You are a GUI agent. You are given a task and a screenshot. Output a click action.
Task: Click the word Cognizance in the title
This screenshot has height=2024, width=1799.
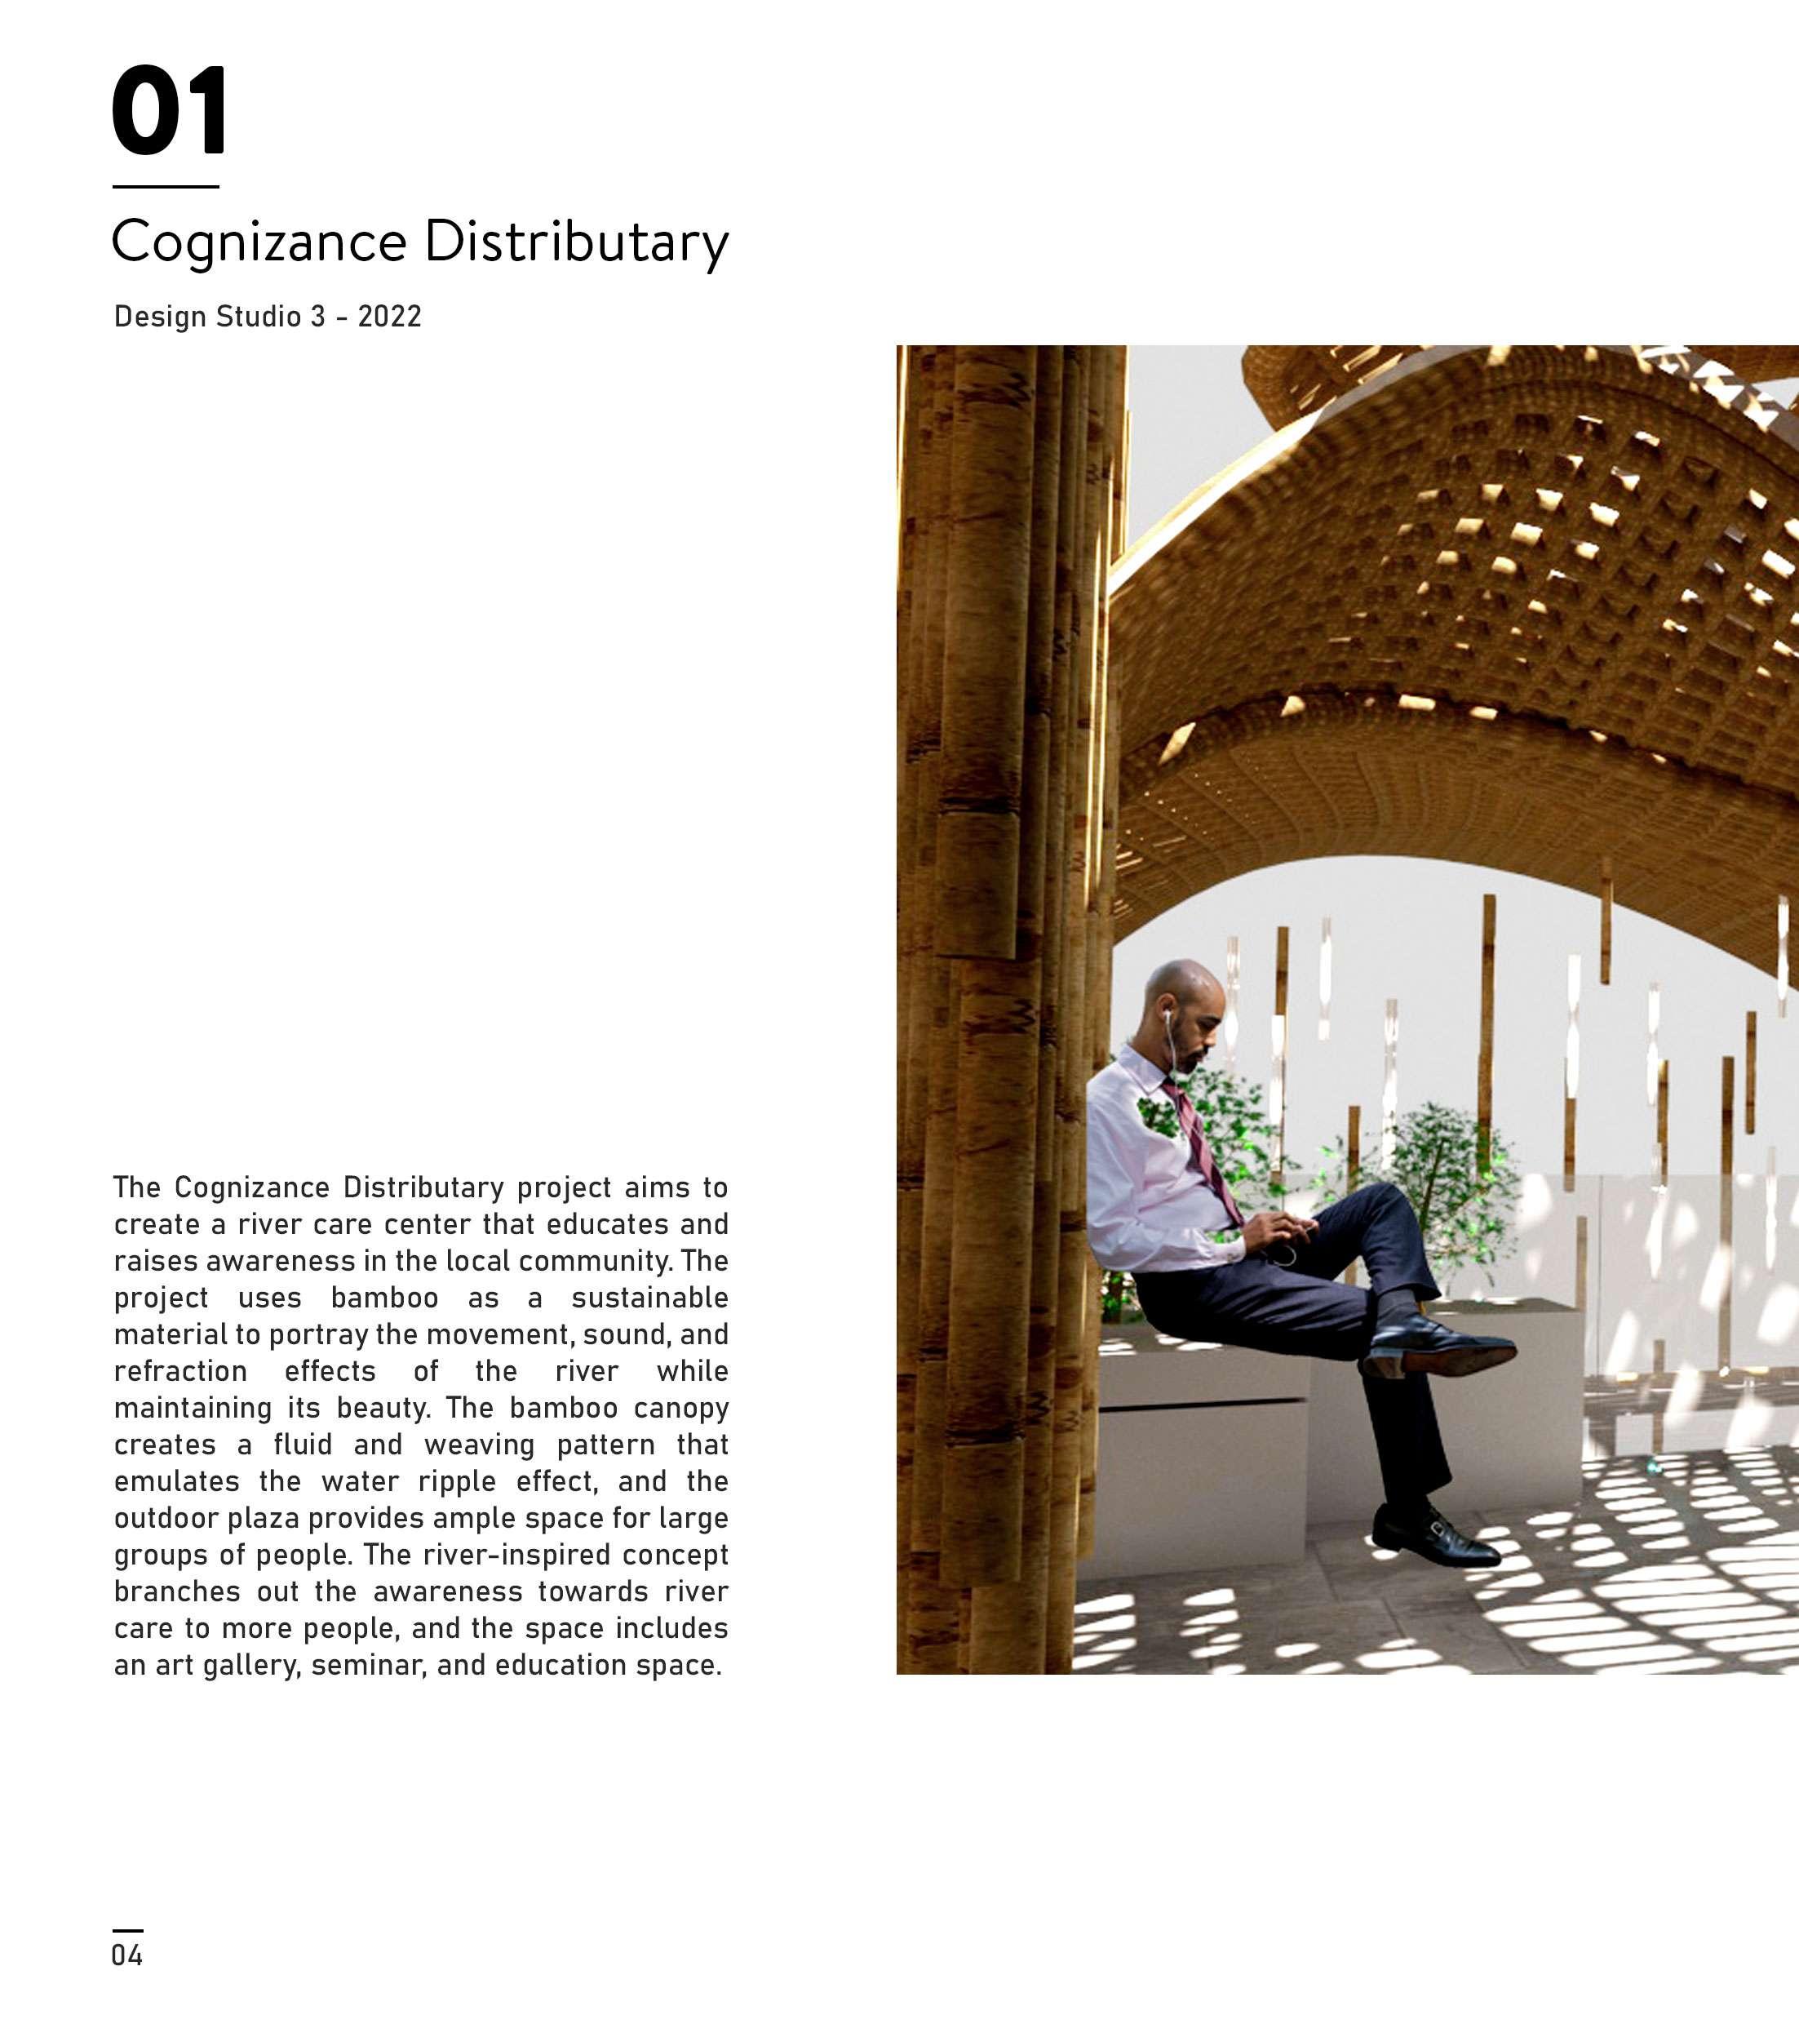(x=259, y=242)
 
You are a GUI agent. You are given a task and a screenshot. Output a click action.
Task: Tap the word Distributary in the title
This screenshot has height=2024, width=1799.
(x=576, y=242)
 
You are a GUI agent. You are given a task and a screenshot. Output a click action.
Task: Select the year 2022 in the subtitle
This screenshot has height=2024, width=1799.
(x=389, y=317)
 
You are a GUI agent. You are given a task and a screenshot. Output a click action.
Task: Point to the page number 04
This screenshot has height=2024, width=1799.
(x=126, y=1955)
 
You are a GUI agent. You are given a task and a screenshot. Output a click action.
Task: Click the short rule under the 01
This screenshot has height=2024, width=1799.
(x=166, y=186)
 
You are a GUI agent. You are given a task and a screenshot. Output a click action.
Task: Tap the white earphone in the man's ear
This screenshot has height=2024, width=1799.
(x=1168, y=1017)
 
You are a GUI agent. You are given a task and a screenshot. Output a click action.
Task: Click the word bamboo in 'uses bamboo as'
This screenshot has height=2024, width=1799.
(x=384, y=1298)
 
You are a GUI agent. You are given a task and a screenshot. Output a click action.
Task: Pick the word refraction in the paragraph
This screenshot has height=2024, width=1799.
(x=180, y=1371)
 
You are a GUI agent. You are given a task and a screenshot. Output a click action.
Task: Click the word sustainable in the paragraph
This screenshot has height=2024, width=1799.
(x=649, y=1298)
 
